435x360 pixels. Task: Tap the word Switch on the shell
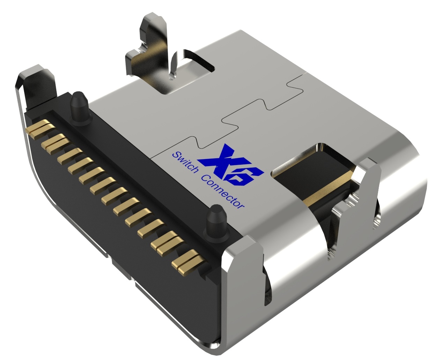185,163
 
